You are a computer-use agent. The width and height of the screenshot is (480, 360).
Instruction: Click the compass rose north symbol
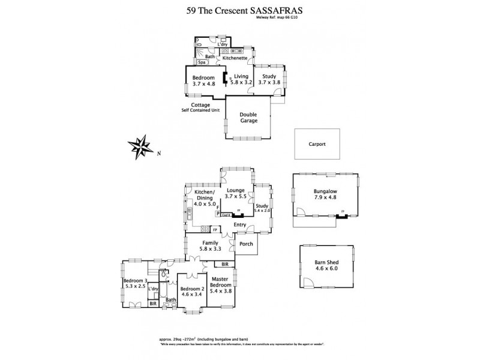pos(142,145)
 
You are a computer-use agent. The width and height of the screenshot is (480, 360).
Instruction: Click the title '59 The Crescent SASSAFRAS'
pos(240,10)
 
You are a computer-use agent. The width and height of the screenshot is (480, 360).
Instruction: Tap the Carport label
pos(316,144)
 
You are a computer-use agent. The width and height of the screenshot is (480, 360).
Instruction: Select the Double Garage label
pos(248,118)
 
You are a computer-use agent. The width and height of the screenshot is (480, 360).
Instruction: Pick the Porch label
pos(245,244)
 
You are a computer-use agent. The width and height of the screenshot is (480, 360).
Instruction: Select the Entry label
pos(240,225)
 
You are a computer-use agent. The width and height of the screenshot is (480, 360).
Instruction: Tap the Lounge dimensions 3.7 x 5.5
pos(236,196)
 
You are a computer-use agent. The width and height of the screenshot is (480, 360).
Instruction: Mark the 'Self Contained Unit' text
pos(200,110)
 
